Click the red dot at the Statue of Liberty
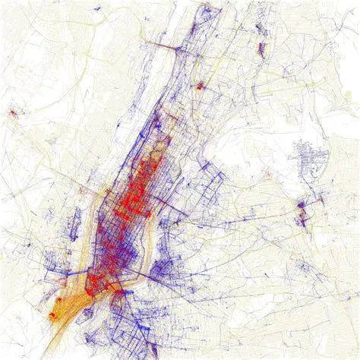pyautogui.click(x=53, y=312)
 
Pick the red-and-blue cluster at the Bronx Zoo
pyautogui.click(x=262, y=50)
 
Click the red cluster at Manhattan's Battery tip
pyautogui.click(x=92, y=289)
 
